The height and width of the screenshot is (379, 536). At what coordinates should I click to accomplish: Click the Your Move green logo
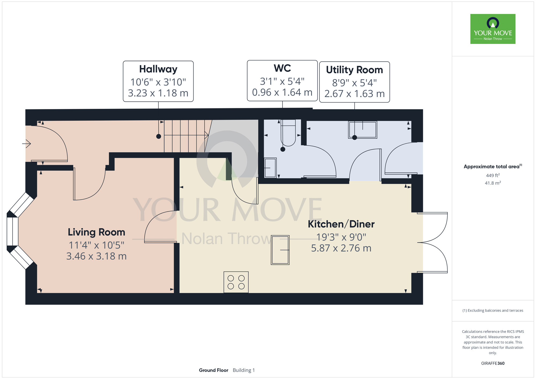pyautogui.click(x=493, y=29)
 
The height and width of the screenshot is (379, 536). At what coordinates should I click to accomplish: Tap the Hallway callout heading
pyautogui.click(x=158, y=69)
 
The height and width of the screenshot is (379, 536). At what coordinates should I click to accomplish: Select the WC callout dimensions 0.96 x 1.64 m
pyautogui.click(x=282, y=92)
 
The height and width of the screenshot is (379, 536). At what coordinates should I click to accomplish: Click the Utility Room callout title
pyautogui.click(x=354, y=70)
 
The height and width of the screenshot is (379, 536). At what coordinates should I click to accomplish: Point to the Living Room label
pyautogui.click(x=96, y=232)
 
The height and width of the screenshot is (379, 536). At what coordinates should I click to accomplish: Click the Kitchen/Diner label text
pyautogui.click(x=341, y=224)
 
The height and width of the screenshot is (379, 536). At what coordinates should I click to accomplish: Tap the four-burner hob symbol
pyautogui.click(x=236, y=282)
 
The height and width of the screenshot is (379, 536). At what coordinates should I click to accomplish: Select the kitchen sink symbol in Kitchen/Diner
pyautogui.click(x=280, y=250)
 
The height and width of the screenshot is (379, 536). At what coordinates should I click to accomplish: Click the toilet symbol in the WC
pyautogui.click(x=288, y=133)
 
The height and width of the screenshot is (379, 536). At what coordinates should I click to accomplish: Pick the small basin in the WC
pyautogui.click(x=270, y=168)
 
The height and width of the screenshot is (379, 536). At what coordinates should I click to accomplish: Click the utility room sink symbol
pyautogui.click(x=363, y=130)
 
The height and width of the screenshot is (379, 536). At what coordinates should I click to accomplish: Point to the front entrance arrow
pyautogui.click(x=27, y=144)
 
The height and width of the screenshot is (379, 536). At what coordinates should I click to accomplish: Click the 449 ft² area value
pyautogui.click(x=493, y=175)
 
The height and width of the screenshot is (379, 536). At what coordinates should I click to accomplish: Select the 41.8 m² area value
pyautogui.click(x=493, y=183)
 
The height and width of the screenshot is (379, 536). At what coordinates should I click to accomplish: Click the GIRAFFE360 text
pyautogui.click(x=493, y=363)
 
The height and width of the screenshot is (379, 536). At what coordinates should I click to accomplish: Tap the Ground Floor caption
pyautogui.click(x=214, y=370)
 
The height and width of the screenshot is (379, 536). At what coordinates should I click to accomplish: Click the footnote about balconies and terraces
pyautogui.click(x=493, y=310)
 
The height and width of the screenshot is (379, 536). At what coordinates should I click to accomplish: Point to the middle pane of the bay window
pyautogui.click(x=12, y=231)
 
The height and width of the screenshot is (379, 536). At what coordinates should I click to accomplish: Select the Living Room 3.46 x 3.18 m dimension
pyautogui.click(x=96, y=256)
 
